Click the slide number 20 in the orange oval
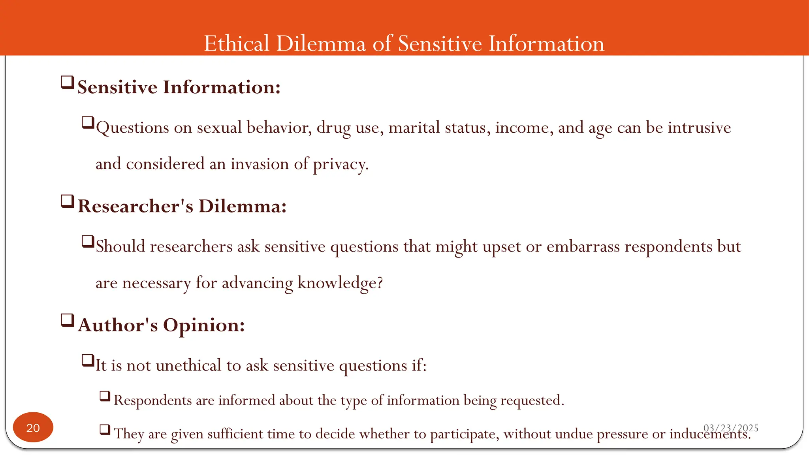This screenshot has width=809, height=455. (x=33, y=428)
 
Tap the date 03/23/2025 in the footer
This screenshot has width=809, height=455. (x=731, y=428)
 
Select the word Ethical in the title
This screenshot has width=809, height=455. (x=237, y=43)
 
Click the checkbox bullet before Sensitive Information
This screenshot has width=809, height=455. (x=68, y=83)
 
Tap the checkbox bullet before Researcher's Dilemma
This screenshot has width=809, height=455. (x=68, y=201)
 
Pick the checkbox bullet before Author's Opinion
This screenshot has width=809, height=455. (x=68, y=320)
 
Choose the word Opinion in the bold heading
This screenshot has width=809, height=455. (x=203, y=325)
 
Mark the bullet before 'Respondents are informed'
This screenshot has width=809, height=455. (x=105, y=396)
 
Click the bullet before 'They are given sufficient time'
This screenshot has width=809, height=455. (x=105, y=429)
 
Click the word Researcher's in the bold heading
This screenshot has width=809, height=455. (x=135, y=206)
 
